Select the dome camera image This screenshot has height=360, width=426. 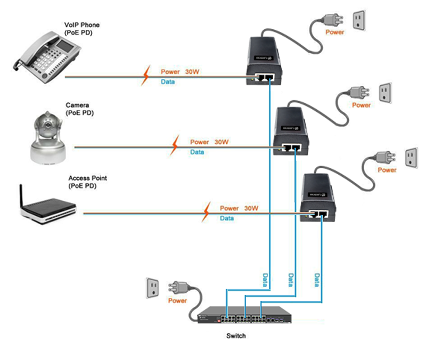[x=47, y=137]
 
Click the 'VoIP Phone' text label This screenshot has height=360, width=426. [x=81, y=25]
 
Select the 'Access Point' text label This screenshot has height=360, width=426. [x=87, y=178]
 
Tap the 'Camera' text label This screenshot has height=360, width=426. [x=77, y=105]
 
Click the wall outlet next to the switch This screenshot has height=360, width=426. [x=154, y=288]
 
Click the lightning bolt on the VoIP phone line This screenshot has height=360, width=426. [x=145, y=76]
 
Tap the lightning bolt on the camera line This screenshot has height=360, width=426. [x=175, y=144]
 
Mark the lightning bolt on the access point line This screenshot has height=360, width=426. [x=205, y=212]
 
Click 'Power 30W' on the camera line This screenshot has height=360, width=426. [x=209, y=142]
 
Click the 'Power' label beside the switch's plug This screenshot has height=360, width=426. [x=177, y=301]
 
